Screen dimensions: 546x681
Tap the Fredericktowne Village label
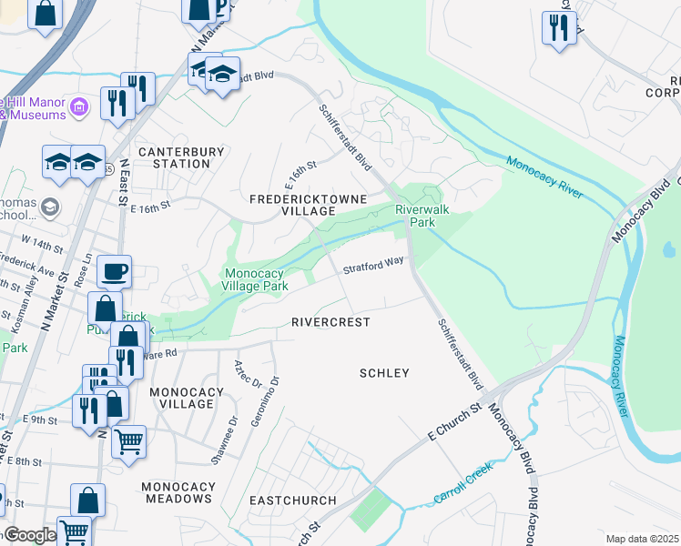(x=309, y=205)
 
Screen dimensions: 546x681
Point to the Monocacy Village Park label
(x=257, y=279)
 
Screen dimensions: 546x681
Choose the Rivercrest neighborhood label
(x=330, y=322)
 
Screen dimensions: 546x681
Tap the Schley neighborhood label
(x=384, y=373)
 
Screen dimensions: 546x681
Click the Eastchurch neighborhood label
(x=292, y=500)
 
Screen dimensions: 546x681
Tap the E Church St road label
(x=454, y=422)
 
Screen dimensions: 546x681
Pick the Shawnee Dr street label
(x=224, y=440)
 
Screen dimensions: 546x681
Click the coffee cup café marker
(x=114, y=270)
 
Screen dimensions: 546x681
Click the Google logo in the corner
(x=30, y=535)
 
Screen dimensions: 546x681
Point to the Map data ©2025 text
(x=642, y=539)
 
